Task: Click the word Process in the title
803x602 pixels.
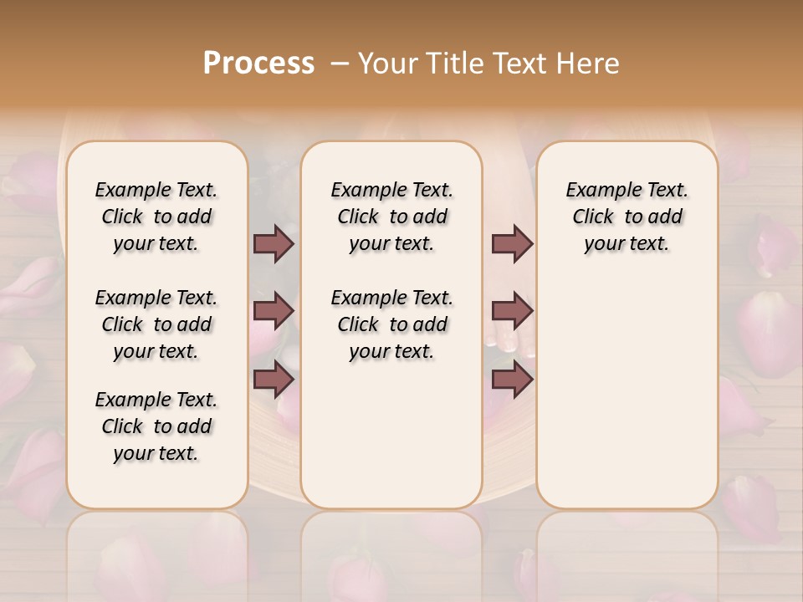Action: coord(258,64)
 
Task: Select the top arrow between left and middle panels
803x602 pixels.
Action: coord(274,243)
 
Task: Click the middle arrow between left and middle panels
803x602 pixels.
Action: coord(274,311)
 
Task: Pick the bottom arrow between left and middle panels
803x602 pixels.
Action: coord(274,380)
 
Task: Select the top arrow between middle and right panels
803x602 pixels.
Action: coord(512,243)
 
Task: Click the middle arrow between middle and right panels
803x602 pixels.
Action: coord(512,311)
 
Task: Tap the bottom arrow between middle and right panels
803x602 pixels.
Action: coord(512,380)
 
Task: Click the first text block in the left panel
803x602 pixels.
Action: coord(156,217)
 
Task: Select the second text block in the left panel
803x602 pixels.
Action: coord(156,324)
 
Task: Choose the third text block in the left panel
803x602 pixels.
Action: coord(156,426)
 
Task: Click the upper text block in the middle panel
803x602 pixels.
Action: coord(391,217)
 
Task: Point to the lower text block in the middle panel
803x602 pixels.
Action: coord(391,324)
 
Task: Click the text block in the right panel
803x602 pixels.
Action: coord(627,217)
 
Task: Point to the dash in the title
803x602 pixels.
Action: coord(340,64)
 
